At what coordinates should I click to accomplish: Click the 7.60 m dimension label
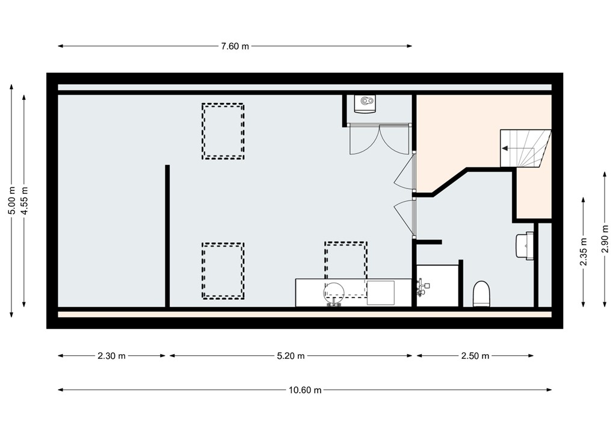coord(235,46)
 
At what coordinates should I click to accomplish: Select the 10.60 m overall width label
coord(305,390)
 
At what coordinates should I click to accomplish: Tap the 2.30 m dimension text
coord(111,356)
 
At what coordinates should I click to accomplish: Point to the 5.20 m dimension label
coord(291,356)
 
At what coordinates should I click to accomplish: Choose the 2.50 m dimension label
coord(475,356)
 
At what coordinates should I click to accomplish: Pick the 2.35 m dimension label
coord(583,250)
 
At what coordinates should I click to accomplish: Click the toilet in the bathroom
coord(482,294)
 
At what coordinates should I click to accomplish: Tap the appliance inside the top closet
coord(365,104)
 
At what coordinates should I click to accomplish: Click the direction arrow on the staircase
coord(510,148)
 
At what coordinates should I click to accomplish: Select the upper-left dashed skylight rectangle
coord(223,131)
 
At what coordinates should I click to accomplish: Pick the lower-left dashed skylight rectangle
coord(223,271)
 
